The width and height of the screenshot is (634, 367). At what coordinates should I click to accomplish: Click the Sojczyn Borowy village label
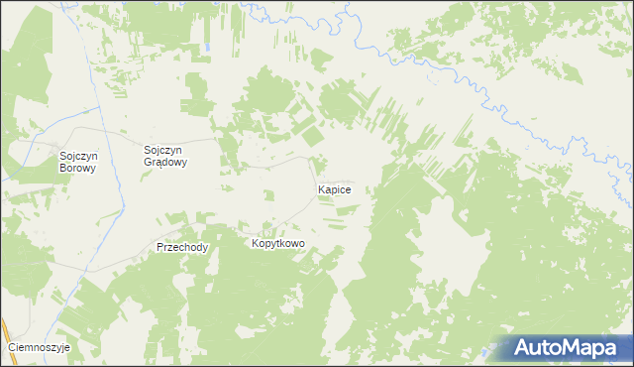pyautogui.click(x=77, y=162)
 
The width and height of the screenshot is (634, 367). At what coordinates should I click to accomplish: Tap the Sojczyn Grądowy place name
pyautogui.click(x=166, y=156)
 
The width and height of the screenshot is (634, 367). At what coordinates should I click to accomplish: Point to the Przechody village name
pyautogui.click(x=182, y=247)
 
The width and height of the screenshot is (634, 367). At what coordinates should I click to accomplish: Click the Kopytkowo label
pyautogui.click(x=277, y=243)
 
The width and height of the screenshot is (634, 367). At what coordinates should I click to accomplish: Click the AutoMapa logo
pyautogui.click(x=564, y=348)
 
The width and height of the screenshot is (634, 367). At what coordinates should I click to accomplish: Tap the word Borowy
pyautogui.click(x=77, y=169)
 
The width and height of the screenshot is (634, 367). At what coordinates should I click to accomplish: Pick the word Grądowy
pyautogui.click(x=166, y=163)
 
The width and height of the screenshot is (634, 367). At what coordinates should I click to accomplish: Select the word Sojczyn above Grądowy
pyautogui.click(x=166, y=150)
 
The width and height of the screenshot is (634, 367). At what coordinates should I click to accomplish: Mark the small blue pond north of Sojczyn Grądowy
pyautogui.click(x=209, y=47)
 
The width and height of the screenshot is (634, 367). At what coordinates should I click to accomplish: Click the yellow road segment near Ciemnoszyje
pyautogui.click(x=5, y=332)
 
